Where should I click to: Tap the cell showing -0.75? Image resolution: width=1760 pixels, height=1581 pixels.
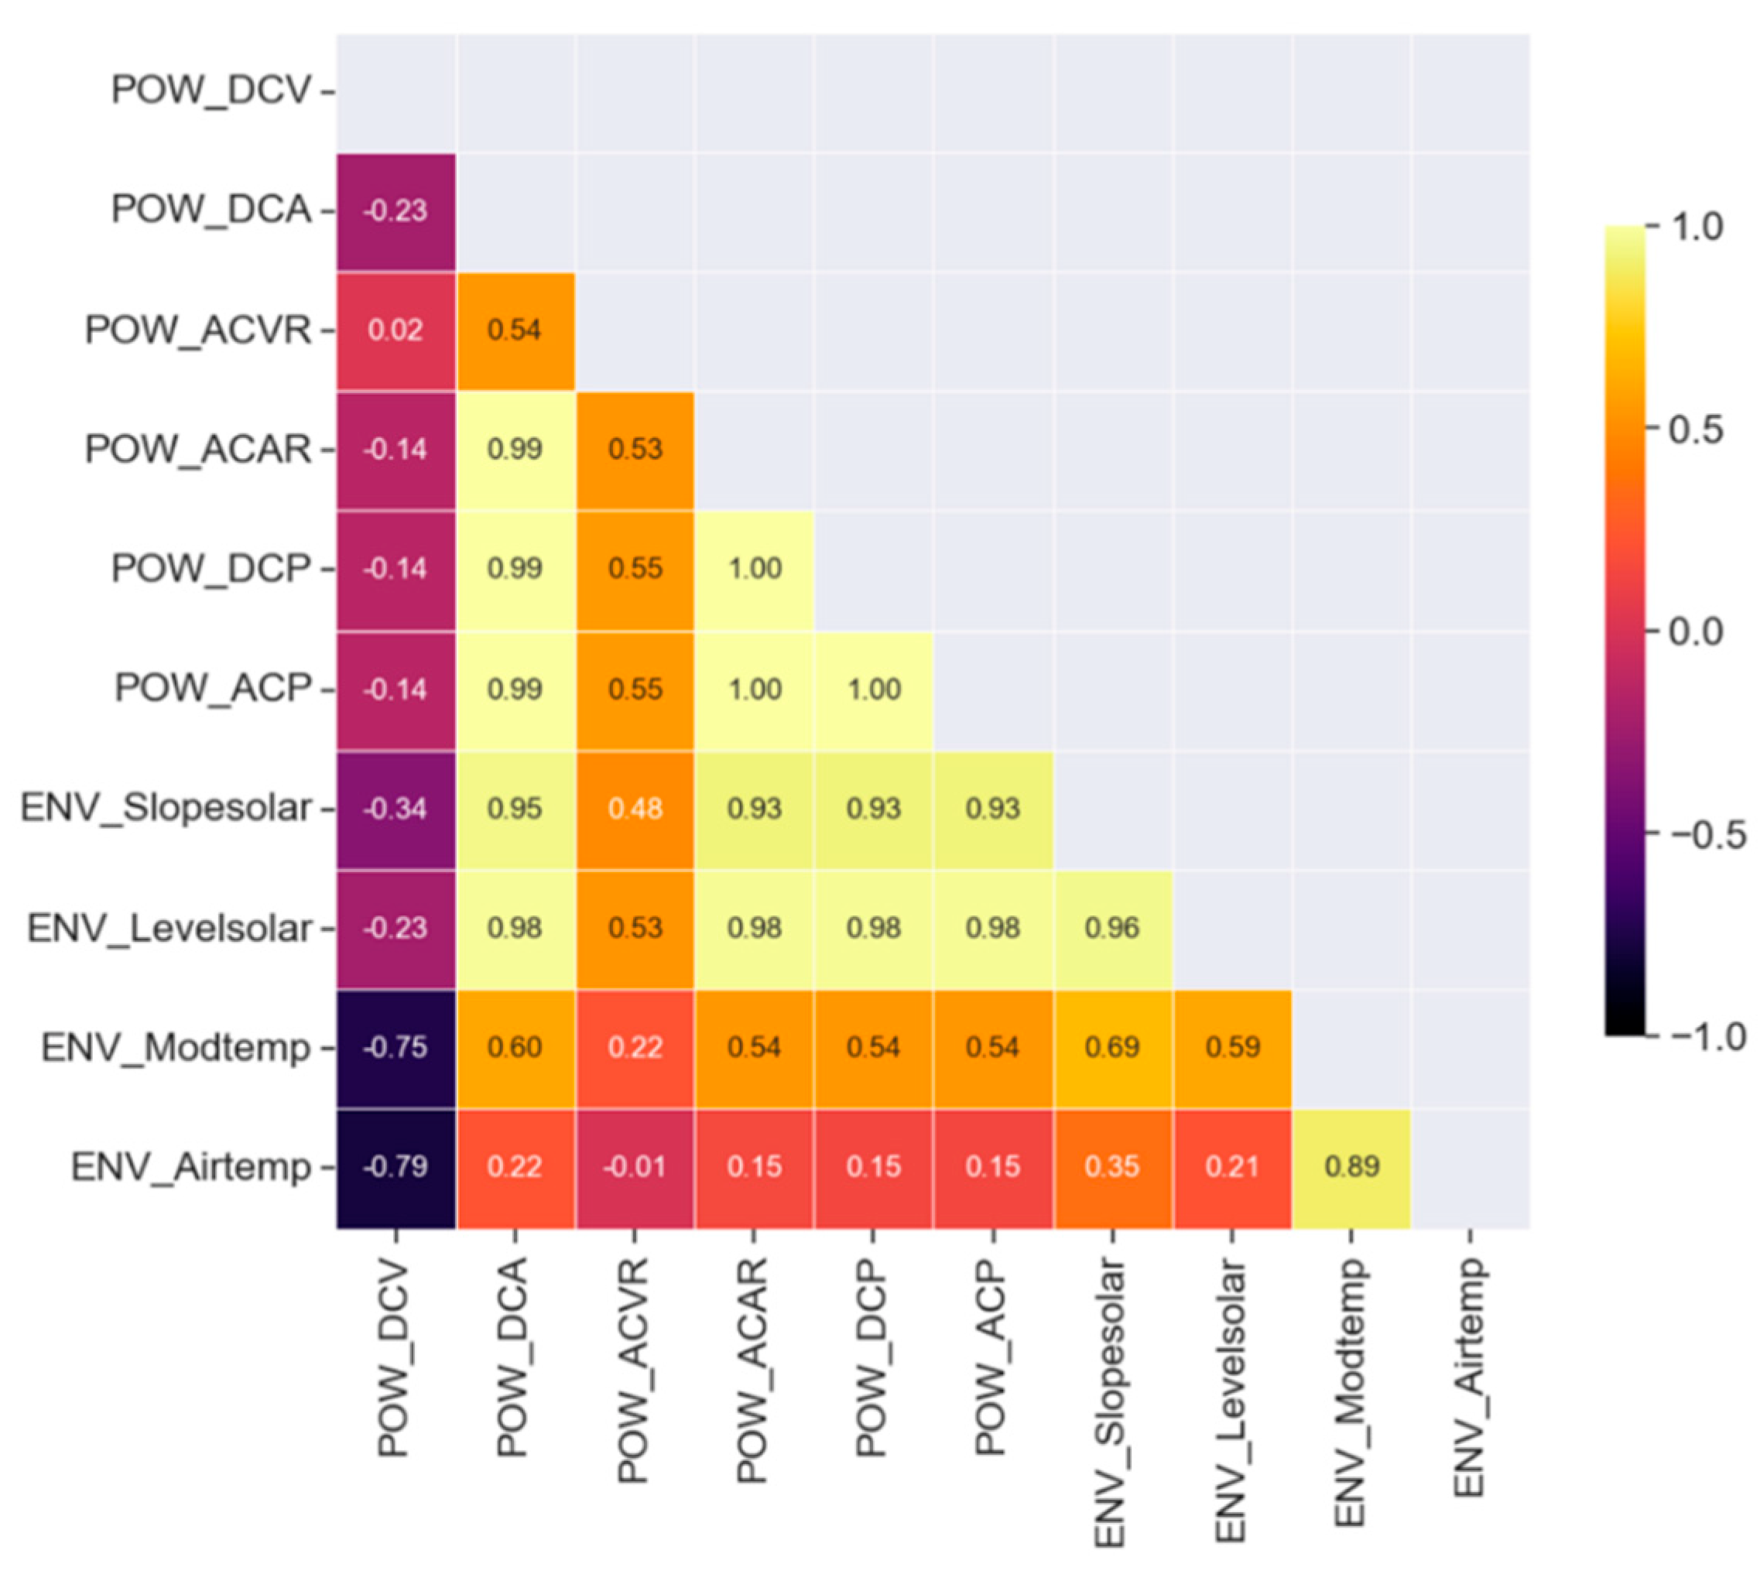395,1047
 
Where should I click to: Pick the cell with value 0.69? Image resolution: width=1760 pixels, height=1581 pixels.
1112,1047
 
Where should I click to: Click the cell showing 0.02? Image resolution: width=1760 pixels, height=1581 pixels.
395,330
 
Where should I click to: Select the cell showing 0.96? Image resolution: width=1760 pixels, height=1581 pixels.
1112,928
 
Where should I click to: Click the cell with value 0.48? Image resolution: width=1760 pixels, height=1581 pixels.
634,809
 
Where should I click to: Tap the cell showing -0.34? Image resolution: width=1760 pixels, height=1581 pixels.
395,809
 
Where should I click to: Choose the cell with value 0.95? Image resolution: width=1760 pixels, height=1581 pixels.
514,809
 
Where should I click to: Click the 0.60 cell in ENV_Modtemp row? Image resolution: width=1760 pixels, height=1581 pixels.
514,1047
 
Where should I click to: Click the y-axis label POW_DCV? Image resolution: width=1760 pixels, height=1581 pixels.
211,91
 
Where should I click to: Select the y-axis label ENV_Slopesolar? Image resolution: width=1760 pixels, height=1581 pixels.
165,809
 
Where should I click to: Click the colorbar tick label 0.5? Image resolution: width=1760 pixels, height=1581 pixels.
1695,429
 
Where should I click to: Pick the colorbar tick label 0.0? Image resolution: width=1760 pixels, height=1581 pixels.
1695,631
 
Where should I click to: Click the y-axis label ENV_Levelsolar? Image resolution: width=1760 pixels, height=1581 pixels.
169,928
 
